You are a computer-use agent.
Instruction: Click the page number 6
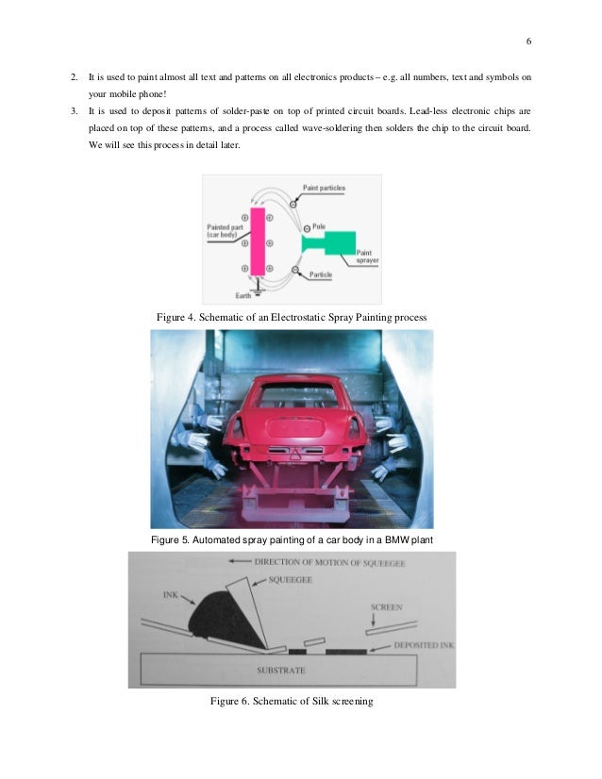pos(528,42)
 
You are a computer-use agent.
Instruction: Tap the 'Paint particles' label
pos(324,188)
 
